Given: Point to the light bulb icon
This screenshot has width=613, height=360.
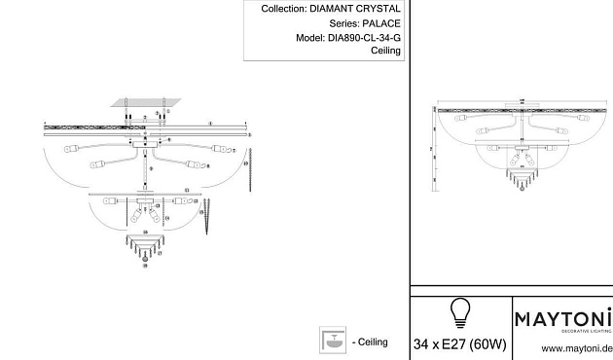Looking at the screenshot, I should point(457,312).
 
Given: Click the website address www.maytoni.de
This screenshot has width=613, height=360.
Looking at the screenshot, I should point(575,347).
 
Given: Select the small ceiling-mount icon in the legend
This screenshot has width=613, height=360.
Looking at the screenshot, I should point(333,340).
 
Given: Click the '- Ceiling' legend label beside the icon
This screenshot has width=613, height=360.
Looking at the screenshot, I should point(370,342).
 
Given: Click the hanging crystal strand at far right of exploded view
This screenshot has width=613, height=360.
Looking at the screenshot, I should point(252,166).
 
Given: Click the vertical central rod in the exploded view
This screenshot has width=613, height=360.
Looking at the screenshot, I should point(146,176).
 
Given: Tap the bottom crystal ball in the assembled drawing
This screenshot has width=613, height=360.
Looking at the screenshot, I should point(523,191).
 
